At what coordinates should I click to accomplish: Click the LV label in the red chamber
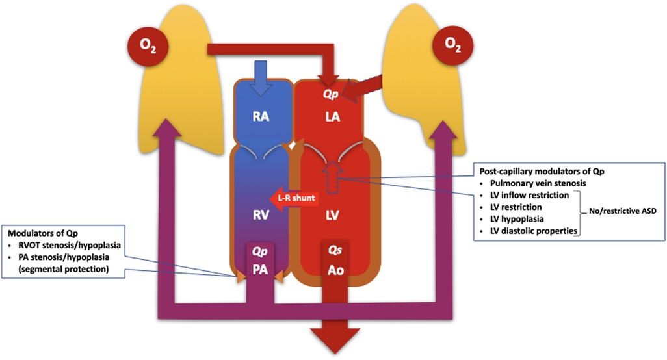coord(332,216)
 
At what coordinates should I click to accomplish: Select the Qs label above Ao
coord(335,251)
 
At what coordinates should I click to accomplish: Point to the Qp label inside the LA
coord(332,94)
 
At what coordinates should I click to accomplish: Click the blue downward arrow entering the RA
coord(261,75)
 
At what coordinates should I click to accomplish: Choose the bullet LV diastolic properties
coord(529,231)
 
